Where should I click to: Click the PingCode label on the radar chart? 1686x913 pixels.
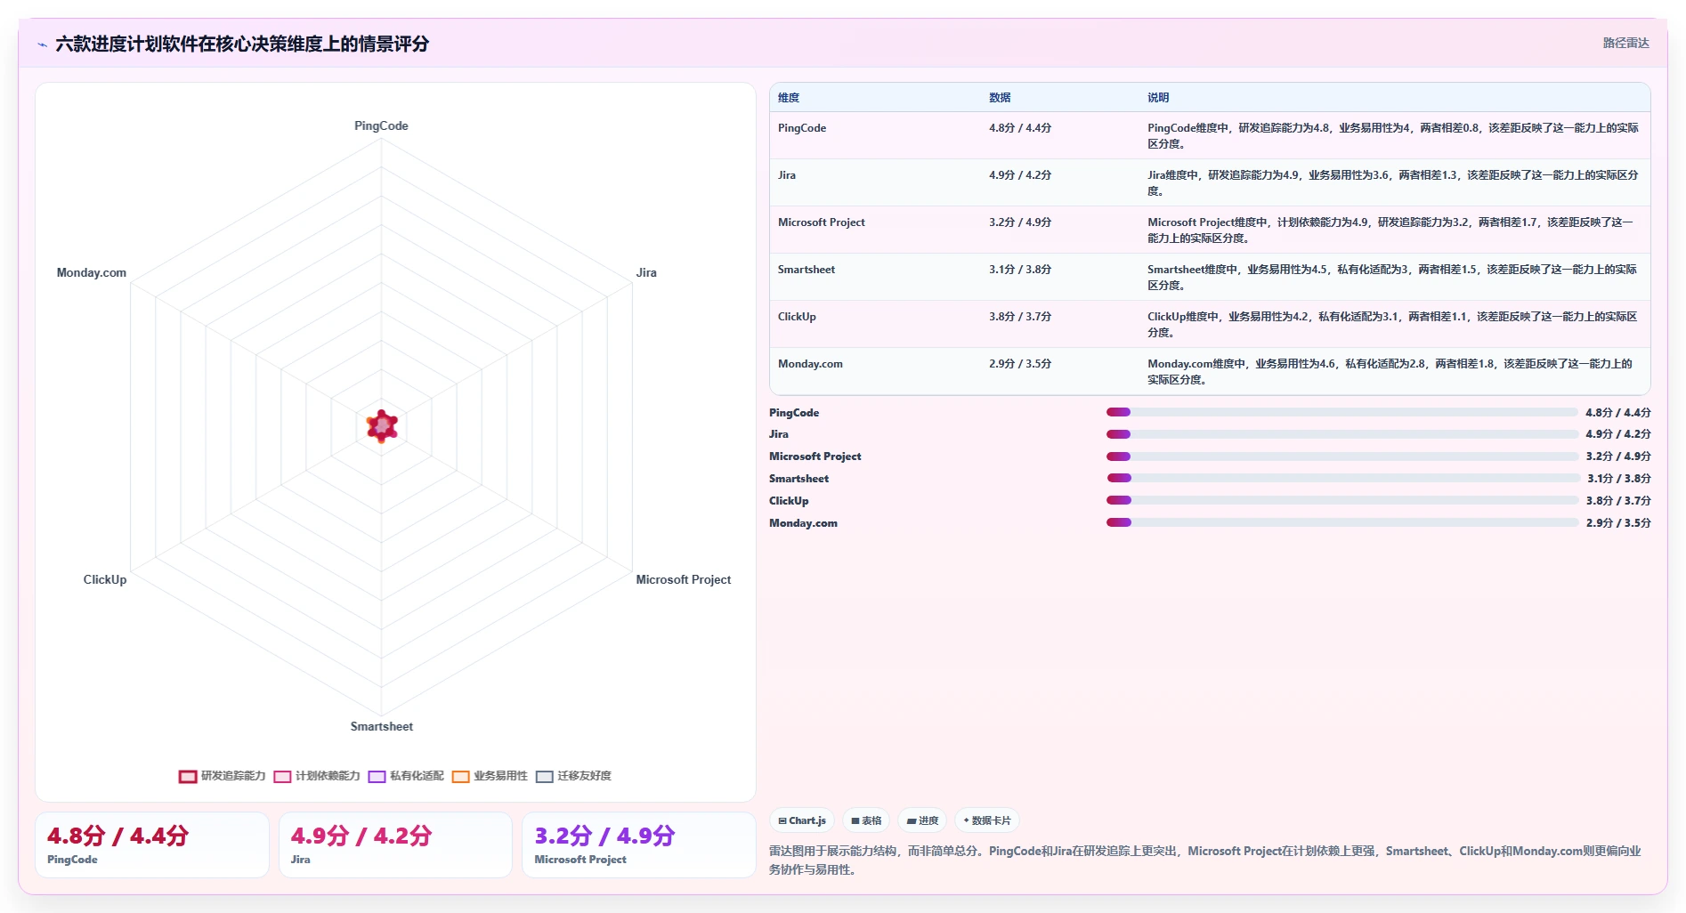pos(381,125)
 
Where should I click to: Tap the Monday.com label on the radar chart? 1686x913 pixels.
pos(92,272)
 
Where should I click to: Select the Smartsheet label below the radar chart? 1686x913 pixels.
pos(381,726)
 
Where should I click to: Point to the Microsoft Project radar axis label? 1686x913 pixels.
pos(683,579)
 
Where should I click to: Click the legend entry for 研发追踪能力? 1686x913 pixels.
pos(223,776)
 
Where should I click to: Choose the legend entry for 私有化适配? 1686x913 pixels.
pos(406,776)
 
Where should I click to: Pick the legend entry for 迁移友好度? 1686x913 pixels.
pos(574,776)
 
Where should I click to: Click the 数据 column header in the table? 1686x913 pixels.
pos(1000,98)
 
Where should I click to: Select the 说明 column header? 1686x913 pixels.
pos(1158,98)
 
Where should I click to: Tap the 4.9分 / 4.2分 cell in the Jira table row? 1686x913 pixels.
pos(1020,175)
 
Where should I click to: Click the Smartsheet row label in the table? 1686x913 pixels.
pos(807,270)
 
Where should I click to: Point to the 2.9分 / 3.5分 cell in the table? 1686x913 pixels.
pos(1020,364)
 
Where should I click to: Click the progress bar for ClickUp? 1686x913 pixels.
pos(1342,500)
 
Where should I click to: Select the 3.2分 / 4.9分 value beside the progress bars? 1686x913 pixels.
pos(1617,456)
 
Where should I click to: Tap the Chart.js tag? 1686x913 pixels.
pos(802,820)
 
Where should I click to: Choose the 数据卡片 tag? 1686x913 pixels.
pos(987,820)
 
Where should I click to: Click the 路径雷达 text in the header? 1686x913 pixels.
pos(1625,43)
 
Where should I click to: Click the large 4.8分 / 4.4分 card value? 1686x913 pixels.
pos(118,836)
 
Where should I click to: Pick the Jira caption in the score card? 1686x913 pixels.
pos(301,860)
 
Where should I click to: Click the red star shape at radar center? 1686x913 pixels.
pos(382,426)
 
